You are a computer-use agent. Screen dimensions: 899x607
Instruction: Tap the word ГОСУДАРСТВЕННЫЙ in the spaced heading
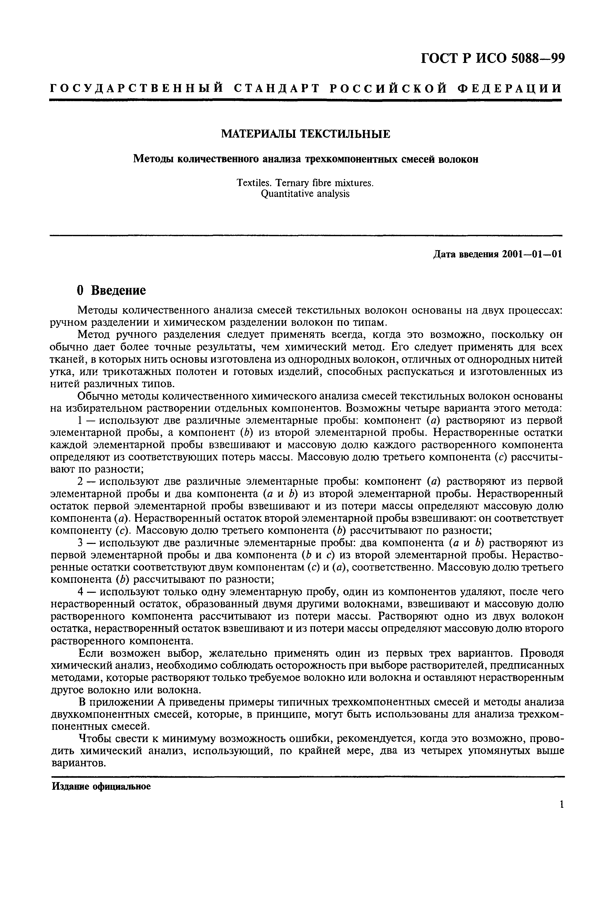tap(137, 89)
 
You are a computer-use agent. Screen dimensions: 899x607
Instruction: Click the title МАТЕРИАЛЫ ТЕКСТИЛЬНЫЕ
tap(305, 134)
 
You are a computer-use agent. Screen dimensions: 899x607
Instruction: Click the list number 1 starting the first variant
tap(80, 421)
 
